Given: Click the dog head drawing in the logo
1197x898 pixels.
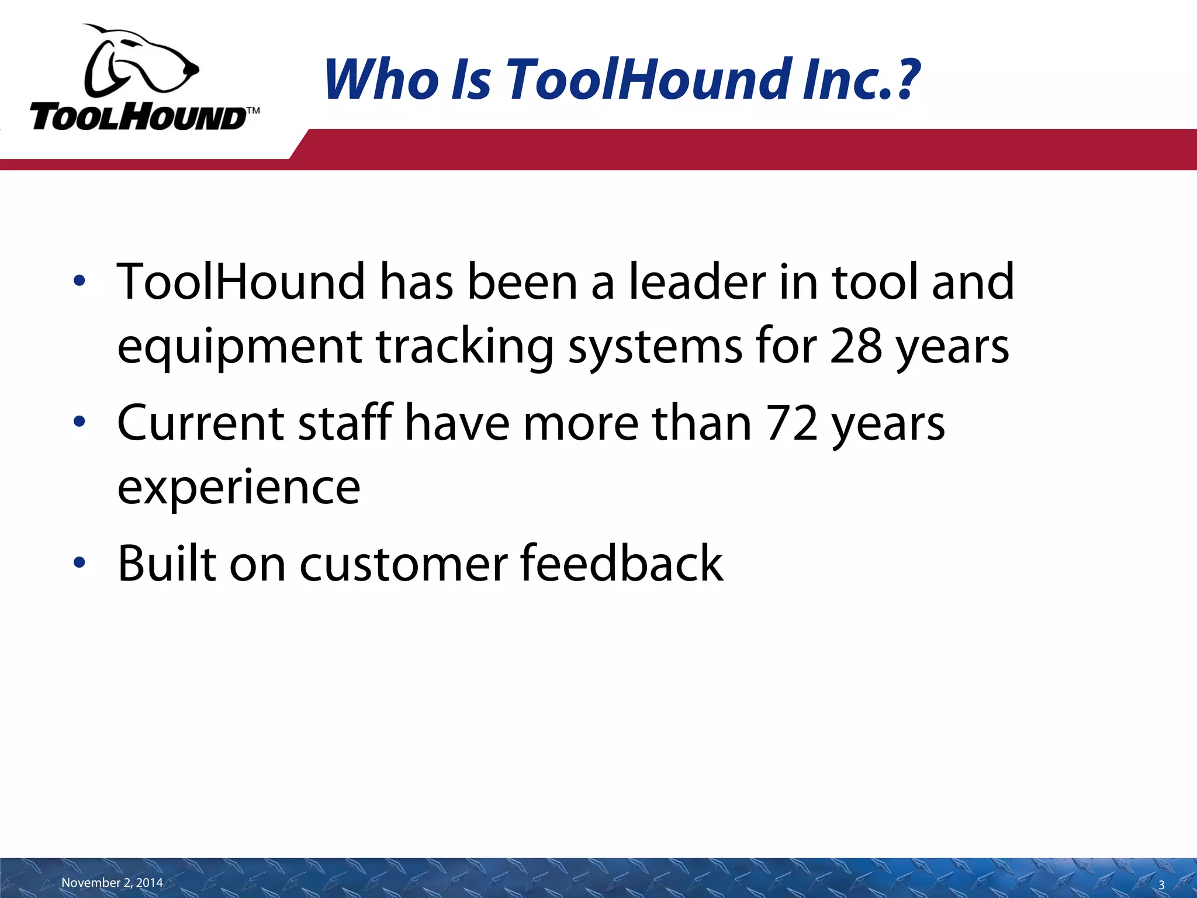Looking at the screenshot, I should click(x=140, y=61).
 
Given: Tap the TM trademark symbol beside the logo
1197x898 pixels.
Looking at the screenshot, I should click(x=252, y=110).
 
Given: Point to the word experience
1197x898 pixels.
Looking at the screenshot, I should click(x=238, y=488).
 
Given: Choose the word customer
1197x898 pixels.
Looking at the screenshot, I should click(x=404, y=564).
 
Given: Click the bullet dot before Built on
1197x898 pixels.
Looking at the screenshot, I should click(x=79, y=563).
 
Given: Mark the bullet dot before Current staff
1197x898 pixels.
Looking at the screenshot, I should click(x=79, y=422).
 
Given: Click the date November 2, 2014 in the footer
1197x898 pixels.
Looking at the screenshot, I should click(x=112, y=883).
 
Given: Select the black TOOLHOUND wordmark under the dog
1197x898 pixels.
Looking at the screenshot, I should click(x=138, y=117).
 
